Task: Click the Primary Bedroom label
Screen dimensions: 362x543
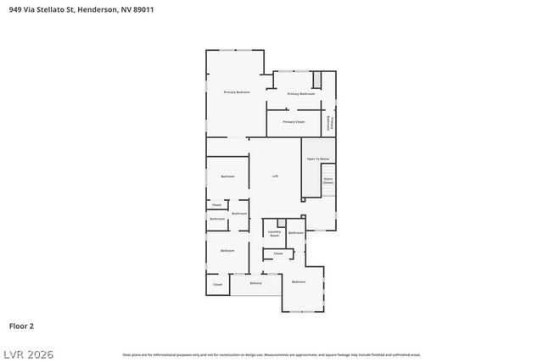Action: (237, 92)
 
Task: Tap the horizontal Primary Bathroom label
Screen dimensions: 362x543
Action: (301, 94)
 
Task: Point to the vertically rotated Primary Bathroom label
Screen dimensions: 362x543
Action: (330, 123)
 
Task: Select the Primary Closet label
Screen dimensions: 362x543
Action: (294, 122)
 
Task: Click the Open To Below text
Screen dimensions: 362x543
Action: (317, 159)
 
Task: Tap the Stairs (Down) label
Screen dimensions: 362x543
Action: (327, 181)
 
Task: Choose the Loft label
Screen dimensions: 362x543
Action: (275, 176)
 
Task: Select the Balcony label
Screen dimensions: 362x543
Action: (255, 283)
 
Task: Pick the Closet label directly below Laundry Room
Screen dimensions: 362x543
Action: (278, 253)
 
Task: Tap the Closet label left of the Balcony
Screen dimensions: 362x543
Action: (217, 285)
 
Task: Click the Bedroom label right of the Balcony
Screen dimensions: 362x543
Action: (299, 281)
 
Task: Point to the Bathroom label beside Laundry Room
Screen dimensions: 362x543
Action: (295, 232)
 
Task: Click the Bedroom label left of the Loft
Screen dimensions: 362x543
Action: (227, 176)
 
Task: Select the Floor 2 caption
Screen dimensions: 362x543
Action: (21, 326)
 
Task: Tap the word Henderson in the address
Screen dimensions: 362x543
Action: (95, 9)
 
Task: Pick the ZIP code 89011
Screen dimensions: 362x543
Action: (143, 9)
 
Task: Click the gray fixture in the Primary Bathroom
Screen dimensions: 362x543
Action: (317, 80)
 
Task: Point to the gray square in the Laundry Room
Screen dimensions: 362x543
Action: (282, 223)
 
